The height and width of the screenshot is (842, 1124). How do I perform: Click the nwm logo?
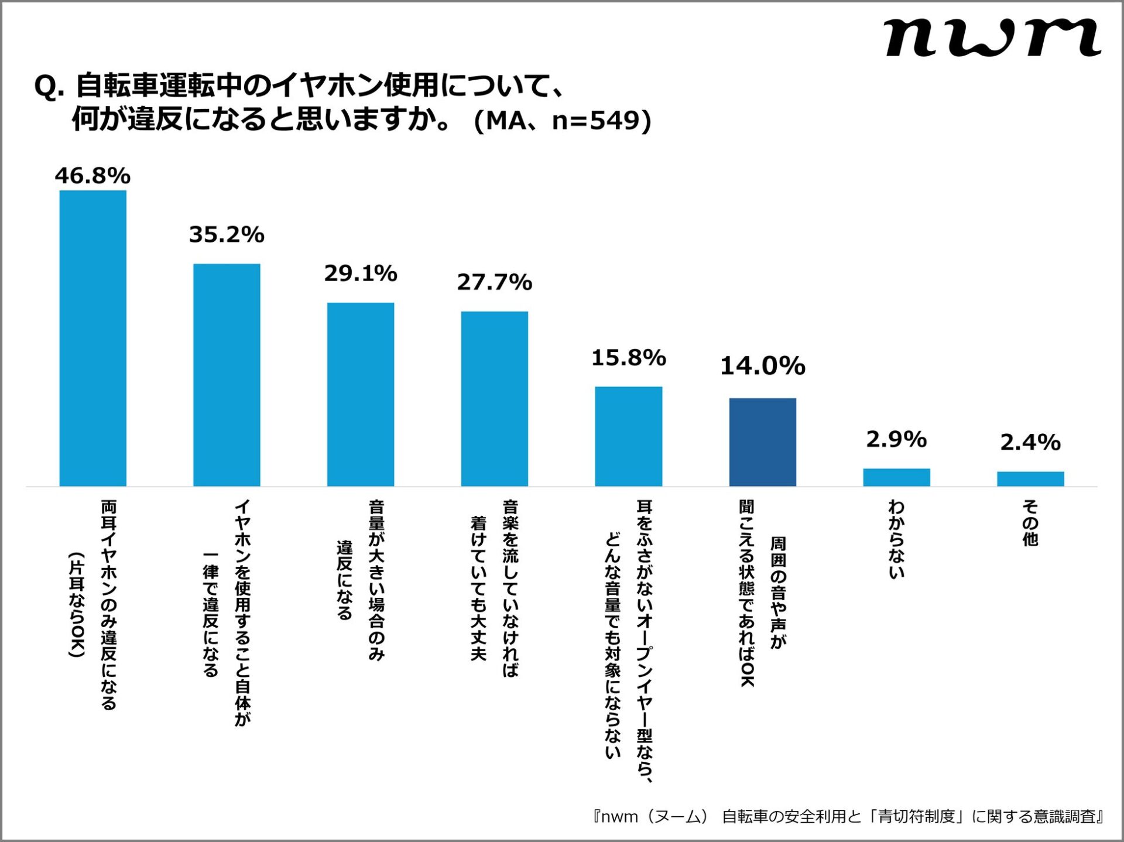coord(992,37)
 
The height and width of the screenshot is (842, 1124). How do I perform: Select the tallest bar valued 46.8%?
coord(92,338)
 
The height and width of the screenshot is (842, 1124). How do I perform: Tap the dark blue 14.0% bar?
coord(762,442)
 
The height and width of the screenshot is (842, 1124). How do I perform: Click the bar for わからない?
coord(896,477)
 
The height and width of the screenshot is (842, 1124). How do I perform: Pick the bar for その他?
coord(1030,478)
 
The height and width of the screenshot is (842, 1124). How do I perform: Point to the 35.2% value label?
coord(227,234)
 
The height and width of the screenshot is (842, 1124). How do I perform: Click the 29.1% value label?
coord(361,273)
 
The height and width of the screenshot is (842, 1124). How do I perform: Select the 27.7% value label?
coord(495,282)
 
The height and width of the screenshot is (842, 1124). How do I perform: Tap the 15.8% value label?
coord(629,358)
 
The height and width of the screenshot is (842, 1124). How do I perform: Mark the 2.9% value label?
coord(896,439)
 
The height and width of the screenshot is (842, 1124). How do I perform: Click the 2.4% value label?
coord(1030,442)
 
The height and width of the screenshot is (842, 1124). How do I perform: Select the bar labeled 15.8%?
coord(629,436)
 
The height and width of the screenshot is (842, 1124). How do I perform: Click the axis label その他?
coord(1030,523)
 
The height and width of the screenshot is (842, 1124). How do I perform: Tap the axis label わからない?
coord(896,539)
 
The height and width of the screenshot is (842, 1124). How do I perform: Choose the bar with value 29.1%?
coord(361,394)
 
